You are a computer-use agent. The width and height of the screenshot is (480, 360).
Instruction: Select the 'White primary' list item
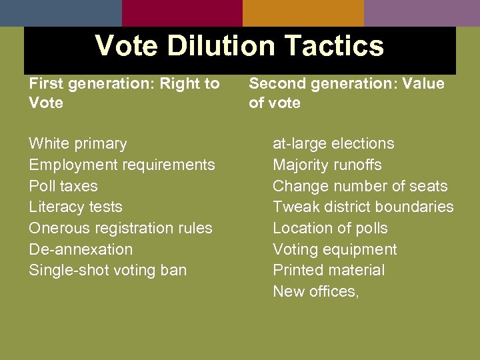pos(77,143)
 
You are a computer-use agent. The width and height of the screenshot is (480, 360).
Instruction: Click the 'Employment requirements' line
pos(122,165)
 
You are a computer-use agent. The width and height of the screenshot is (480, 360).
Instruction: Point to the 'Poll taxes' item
pos(63,186)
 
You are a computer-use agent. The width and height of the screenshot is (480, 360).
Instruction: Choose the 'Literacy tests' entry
pos(75,207)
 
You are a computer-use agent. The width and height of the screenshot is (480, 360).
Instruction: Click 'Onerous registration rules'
pos(121,228)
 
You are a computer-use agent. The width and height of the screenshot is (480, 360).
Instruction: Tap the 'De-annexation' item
pos(81,249)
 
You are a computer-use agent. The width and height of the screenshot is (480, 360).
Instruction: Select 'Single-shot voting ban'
pos(107,270)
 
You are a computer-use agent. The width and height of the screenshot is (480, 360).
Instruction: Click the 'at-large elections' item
pos(333,143)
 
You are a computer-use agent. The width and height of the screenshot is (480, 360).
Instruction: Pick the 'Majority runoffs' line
pos(327,165)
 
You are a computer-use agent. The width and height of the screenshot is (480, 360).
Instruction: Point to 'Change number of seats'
pos(360,186)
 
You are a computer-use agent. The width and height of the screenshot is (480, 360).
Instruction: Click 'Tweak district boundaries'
pos(363,207)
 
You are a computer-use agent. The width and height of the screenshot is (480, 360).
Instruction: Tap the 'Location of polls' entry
pos(330,228)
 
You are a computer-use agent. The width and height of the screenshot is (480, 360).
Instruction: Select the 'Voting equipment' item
pos(335,249)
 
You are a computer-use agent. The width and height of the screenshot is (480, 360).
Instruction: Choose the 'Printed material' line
pos(329,270)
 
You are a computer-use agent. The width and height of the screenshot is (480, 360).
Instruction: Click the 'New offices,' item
pos(316,291)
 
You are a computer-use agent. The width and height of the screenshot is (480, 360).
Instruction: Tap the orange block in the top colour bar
pos(303,13)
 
